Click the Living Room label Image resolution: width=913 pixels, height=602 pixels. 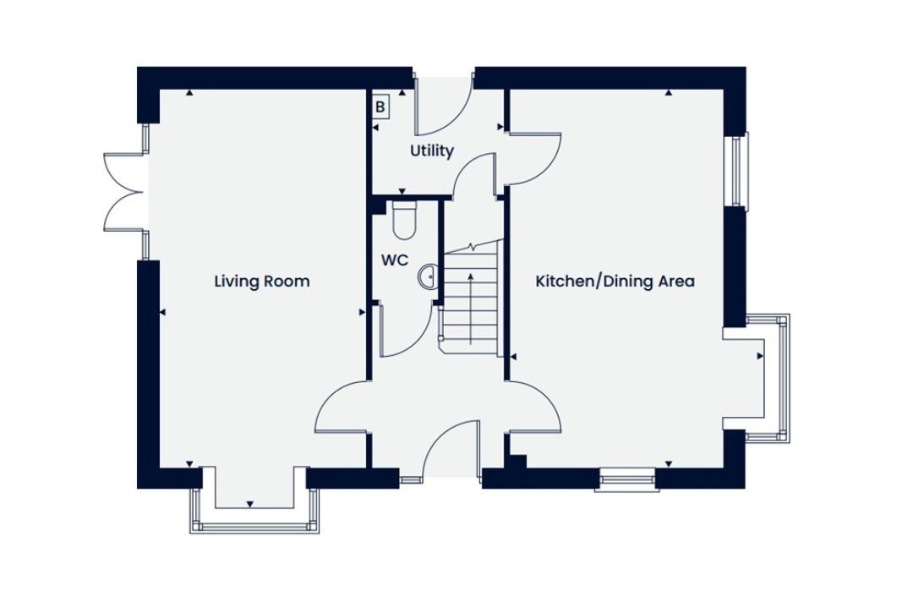point(261,282)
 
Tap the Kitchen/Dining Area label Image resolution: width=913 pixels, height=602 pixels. point(615,282)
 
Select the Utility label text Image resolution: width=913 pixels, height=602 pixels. point(431,151)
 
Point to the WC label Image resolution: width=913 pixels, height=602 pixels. point(395,260)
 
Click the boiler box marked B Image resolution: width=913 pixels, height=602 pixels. point(380,107)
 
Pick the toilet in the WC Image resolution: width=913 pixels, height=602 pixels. point(404,220)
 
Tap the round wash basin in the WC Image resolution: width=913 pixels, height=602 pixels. point(428,276)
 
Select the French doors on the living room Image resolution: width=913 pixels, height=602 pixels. point(123,192)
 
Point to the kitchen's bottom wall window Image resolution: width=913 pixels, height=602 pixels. point(627,479)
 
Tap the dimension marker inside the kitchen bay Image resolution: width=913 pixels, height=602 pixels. point(760,356)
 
